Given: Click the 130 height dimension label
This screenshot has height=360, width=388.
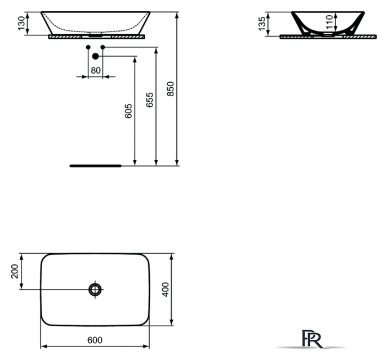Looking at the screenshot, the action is (x=21, y=23).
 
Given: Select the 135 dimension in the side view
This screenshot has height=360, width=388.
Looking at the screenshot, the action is (x=261, y=24).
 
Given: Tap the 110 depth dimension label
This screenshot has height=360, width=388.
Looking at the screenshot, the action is (x=329, y=21).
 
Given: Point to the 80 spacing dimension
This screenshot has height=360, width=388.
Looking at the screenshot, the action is (x=96, y=70).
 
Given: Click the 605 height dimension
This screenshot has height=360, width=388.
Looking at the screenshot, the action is (x=128, y=111).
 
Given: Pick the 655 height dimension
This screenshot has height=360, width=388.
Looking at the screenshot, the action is (x=149, y=100).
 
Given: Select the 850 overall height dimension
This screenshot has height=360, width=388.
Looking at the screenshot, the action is (x=170, y=89).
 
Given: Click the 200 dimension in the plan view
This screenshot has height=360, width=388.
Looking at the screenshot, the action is (x=15, y=271).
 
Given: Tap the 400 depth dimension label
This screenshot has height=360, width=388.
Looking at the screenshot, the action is (x=165, y=289).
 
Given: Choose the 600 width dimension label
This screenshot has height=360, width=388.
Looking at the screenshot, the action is (x=95, y=340).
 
